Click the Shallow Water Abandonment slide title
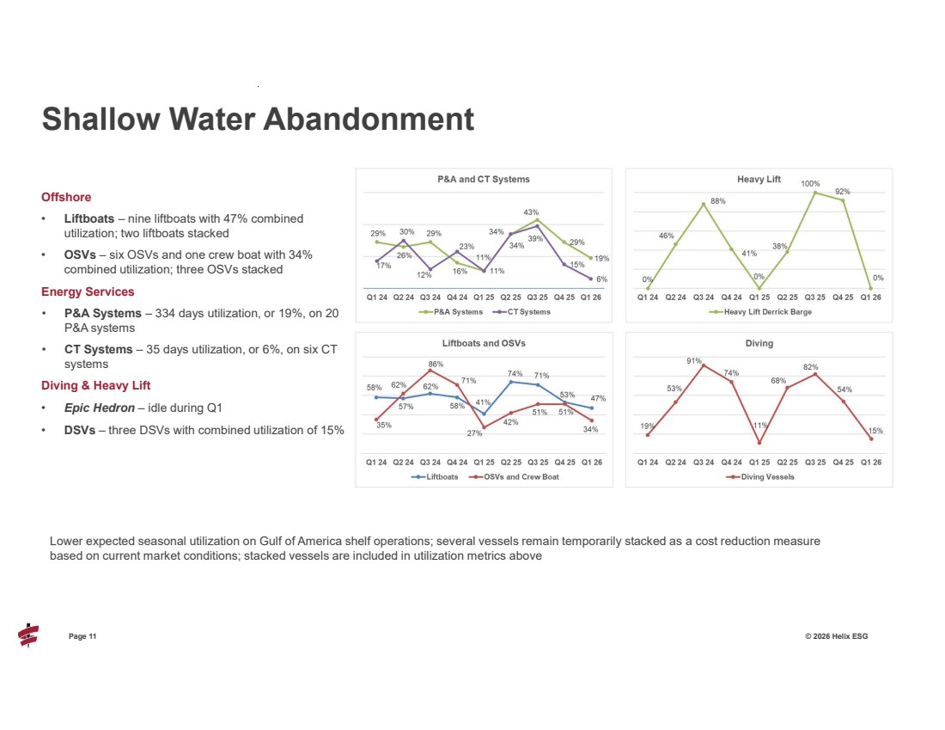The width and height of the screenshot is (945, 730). pyautogui.click(x=258, y=120)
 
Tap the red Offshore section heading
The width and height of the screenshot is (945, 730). pyautogui.click(x=65, y=197)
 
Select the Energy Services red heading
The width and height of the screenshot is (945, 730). pyautogui.click(x=88, y=291)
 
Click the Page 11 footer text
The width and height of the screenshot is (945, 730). pyautogui.click(x=82, y=636)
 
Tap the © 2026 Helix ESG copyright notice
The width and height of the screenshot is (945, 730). pyautogui.click(x=836, y=636)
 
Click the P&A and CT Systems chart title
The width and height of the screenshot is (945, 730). pyautogui.click(x=484, y=179)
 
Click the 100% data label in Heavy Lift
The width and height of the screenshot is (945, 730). pyautogui.click(x=810, y=183)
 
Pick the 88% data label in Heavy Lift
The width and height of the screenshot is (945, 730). pyautogui.click(x=718, y=201)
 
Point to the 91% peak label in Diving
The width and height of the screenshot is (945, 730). pyautogui.click(x=693, y=361)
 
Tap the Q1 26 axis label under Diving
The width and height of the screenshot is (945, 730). pyautogui.click(x=870, y=462)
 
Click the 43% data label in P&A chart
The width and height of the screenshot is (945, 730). pyautogui.click(x=531, y=212)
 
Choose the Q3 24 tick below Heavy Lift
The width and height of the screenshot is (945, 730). pyautogui.click(x=704, y=298)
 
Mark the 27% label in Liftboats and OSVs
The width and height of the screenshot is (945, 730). pyautogui.click(x=474, y=432)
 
